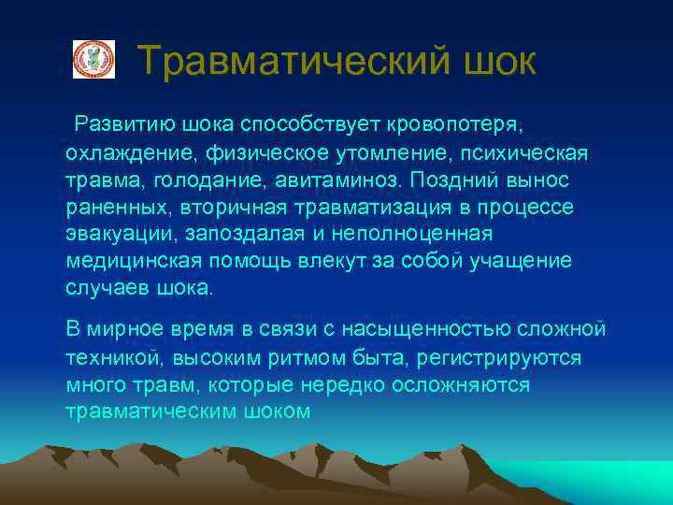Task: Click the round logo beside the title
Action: coord(93,60)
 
